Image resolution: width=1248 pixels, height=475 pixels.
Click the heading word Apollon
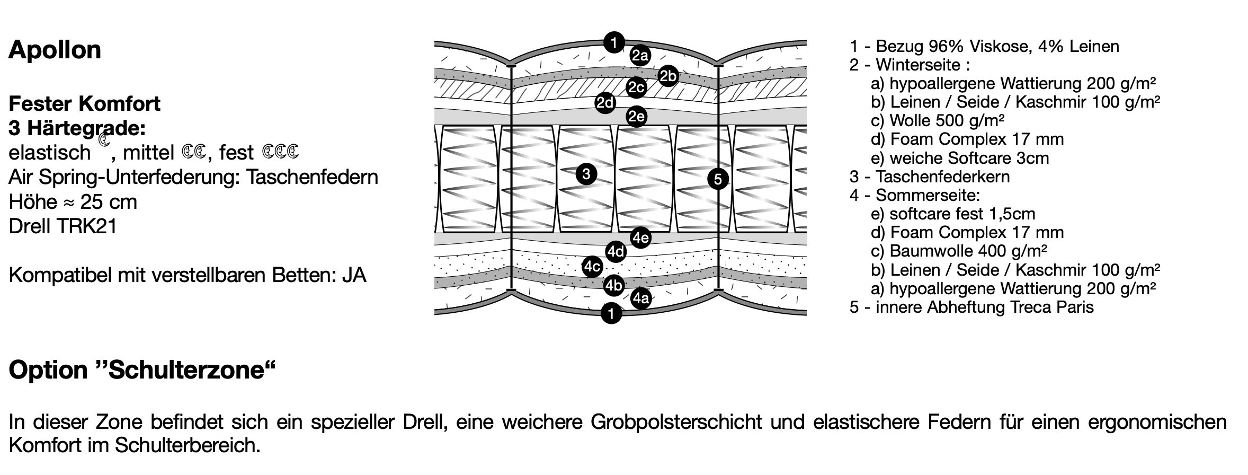(x=55, y=50)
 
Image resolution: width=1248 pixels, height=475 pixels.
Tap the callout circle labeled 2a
(x=640, y=55)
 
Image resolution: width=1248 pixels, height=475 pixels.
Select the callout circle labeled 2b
(x=668, y=77)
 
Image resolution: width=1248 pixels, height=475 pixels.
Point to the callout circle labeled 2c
(x=636, y=87)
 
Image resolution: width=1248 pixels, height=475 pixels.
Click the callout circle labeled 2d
(x=605, y=103)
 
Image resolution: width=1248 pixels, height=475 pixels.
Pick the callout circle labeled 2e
(x=636, y=116)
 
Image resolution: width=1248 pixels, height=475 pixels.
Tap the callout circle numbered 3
(x=586, y=174)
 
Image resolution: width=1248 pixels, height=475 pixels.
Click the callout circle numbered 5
(x=718, y=179)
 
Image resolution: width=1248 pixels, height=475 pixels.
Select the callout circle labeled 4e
(x=641, y=237)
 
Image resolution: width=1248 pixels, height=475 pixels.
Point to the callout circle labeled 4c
(x=592, y=267)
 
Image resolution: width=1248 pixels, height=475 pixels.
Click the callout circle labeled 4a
(x=641, y=298)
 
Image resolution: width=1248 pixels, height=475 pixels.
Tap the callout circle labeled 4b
(x=614, y=286)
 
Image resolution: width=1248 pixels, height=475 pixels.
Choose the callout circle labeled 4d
(x=616, y=251)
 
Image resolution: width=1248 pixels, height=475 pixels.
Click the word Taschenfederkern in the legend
(x=942, y=177)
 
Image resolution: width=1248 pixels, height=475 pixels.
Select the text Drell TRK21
(x=63, y=226)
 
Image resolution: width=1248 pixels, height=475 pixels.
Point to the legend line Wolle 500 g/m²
(x=937, y=121)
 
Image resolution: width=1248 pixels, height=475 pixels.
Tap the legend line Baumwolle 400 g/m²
(x=959, y=251)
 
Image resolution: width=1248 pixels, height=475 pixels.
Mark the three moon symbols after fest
(x=280, y=152)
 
